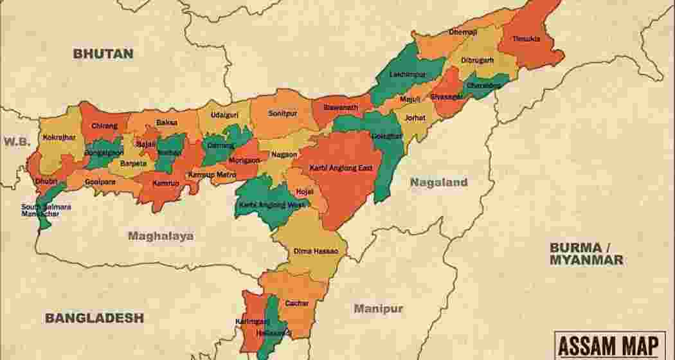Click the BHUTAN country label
click(104, 53)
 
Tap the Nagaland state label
click(439, 183)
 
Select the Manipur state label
click(379, 309)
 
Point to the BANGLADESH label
click(94, 318)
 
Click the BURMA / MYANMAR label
click(586, 254)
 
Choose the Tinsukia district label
click(526, 39)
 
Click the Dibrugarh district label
click(477, 60)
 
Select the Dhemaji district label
click(463, 32)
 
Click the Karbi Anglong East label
click(341, 168)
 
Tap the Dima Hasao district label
click(311, 251)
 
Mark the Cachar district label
click(297, 303)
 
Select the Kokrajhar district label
click(59, 137)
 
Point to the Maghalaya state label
click(161, 236)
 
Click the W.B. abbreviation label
click(15, 141)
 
